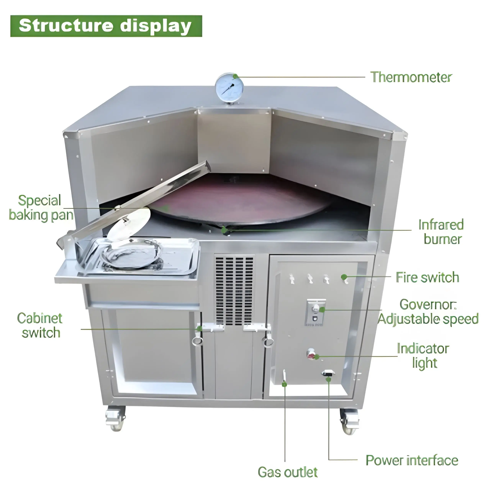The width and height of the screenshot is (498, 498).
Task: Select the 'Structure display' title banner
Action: (106, 26)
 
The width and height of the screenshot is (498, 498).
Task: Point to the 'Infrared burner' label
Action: (441, 232)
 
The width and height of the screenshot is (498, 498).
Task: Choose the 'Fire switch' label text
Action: (427, 278)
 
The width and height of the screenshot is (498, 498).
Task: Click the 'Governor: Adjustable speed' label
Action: (428, 312)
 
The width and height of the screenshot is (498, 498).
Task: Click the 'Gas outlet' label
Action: (287, 472)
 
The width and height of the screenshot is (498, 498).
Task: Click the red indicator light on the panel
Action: (311, 356)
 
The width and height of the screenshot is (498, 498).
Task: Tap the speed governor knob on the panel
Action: (315, 308)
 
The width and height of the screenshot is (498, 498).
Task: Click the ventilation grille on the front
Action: (234, 290)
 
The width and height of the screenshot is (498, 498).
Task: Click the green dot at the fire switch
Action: (344, 277)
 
